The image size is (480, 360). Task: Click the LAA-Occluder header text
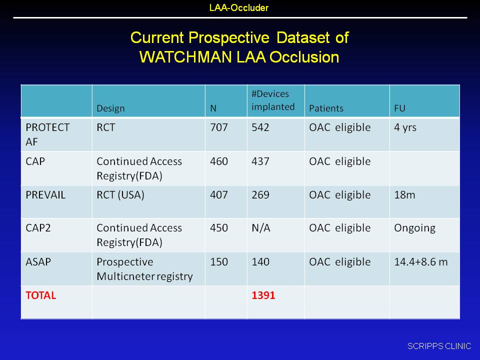(239, 7)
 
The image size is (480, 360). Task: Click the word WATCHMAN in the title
(185, 57)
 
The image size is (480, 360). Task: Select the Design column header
(110, 108)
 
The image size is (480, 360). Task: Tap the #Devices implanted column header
(273, 100)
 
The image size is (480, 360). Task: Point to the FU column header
(400, 108)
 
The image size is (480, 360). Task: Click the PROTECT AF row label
(47, 134)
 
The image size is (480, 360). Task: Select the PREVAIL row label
(45, 195)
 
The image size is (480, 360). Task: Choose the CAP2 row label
(38, 228)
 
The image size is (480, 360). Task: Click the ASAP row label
(38, 262)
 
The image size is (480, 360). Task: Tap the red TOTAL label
(40, 295)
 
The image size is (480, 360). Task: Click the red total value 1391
(263, 295)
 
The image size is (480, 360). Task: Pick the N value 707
(219, 127)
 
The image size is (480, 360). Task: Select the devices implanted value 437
(260, 161)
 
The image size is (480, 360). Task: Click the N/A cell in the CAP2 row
(261, 228)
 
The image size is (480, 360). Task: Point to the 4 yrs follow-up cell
(405, 127)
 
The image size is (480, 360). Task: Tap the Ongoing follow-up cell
(415, 228)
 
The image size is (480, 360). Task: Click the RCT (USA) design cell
(120, 195)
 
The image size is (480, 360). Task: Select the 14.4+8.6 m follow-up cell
(421, 262)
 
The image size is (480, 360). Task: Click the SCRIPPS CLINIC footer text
(439, 346)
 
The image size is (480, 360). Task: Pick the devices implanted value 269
(260, 195)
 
